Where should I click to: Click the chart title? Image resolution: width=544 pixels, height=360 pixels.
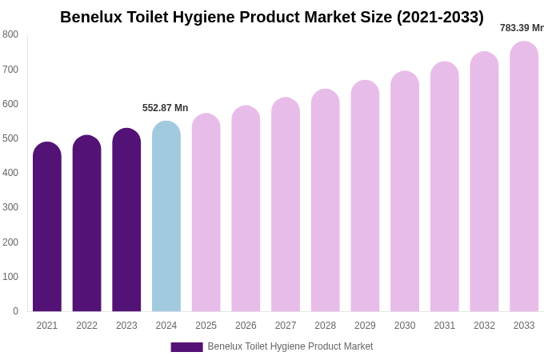tap(272, 17)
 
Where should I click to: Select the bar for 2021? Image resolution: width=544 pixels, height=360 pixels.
tap(47, 228)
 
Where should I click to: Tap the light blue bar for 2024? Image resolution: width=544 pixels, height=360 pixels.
tap(166, 218)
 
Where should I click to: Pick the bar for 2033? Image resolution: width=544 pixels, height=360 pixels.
tap(524, 178)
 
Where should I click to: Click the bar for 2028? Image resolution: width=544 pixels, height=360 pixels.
tap(326, 202)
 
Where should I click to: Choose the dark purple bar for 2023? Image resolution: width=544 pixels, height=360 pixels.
tap(126, 221)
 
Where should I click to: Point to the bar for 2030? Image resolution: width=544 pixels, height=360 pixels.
tap(405, 192)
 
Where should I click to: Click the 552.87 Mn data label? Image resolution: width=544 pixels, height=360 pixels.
tap(166, 108)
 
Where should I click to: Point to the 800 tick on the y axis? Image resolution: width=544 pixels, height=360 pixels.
tap(10, 34)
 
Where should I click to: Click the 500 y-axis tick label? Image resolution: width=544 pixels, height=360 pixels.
tap(10, 138)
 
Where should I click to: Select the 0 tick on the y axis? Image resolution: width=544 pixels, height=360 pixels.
tap(15, 311)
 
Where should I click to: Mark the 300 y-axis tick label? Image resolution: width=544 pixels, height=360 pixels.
tap(10, 207)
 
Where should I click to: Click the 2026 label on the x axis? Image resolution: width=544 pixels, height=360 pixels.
tap(246, 326)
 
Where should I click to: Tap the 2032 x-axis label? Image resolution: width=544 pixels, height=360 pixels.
tap(484, 326)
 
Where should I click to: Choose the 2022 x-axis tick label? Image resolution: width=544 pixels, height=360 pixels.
tap(87, 326)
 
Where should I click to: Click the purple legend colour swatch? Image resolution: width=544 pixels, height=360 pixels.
tap(186, 347)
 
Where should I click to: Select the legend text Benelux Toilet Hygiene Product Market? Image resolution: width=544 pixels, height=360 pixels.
tap(290, 346)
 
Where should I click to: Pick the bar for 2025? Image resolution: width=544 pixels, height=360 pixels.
tap(206, 214)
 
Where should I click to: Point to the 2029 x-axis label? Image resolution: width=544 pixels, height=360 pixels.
tap(365, 326)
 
